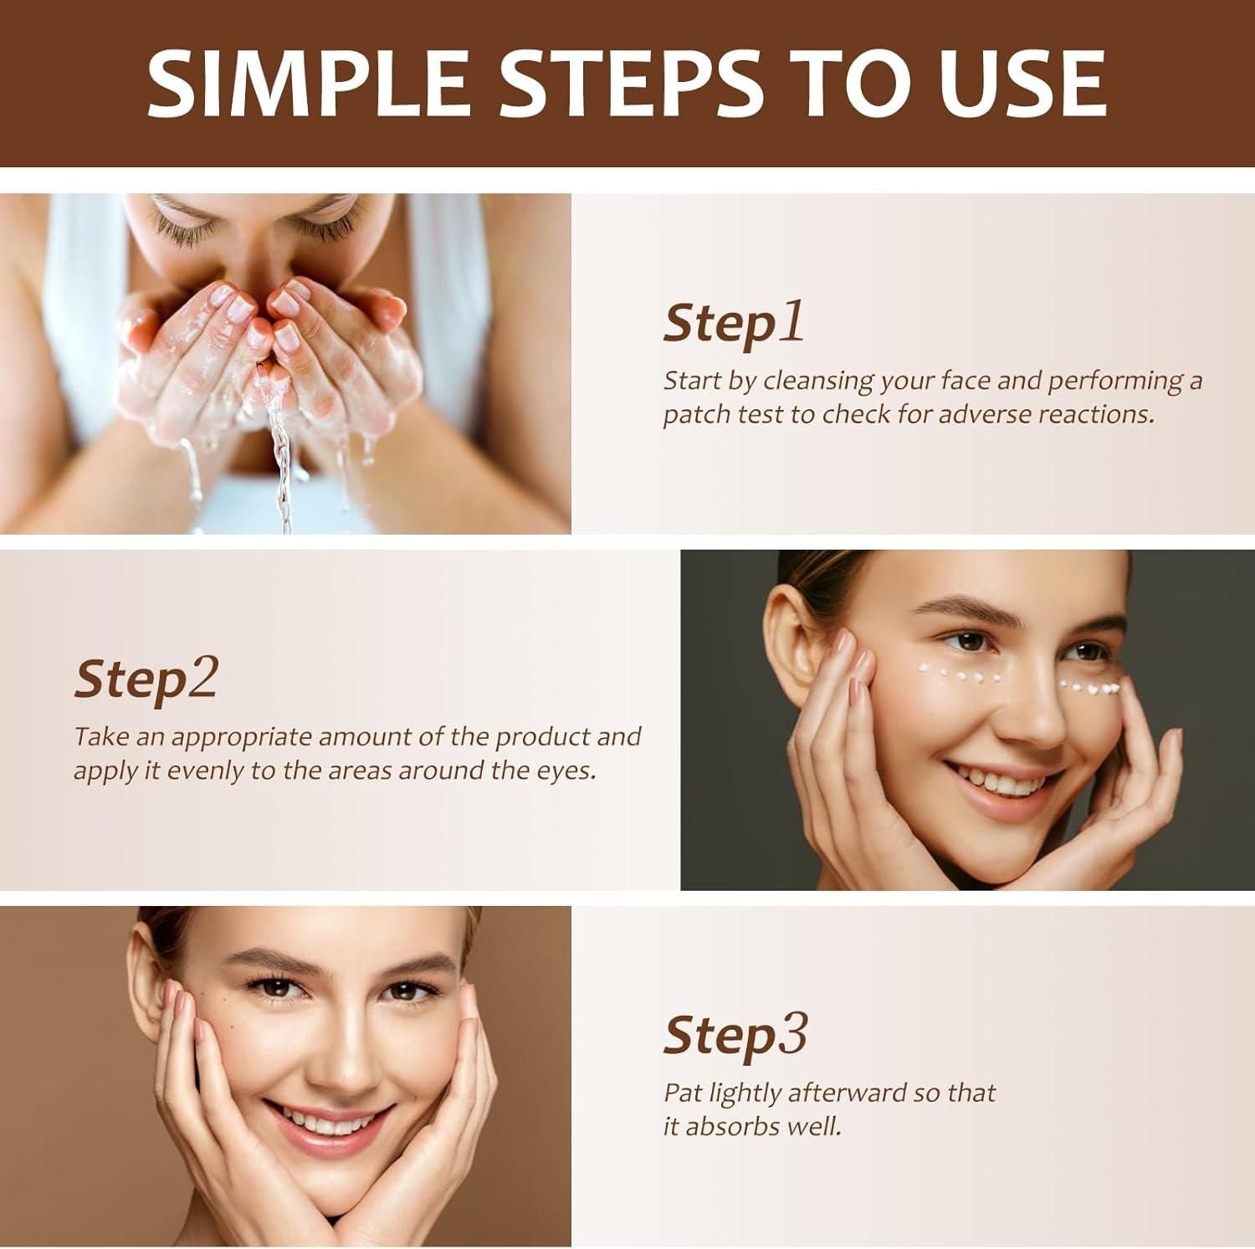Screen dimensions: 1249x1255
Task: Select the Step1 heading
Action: coord(734,324)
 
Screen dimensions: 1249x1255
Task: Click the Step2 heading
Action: coord(146,679)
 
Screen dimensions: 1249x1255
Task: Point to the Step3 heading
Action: coord(735,1036)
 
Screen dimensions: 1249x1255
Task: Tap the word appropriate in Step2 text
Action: coord(241,737)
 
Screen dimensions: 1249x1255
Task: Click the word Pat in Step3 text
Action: coord(683,1093)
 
